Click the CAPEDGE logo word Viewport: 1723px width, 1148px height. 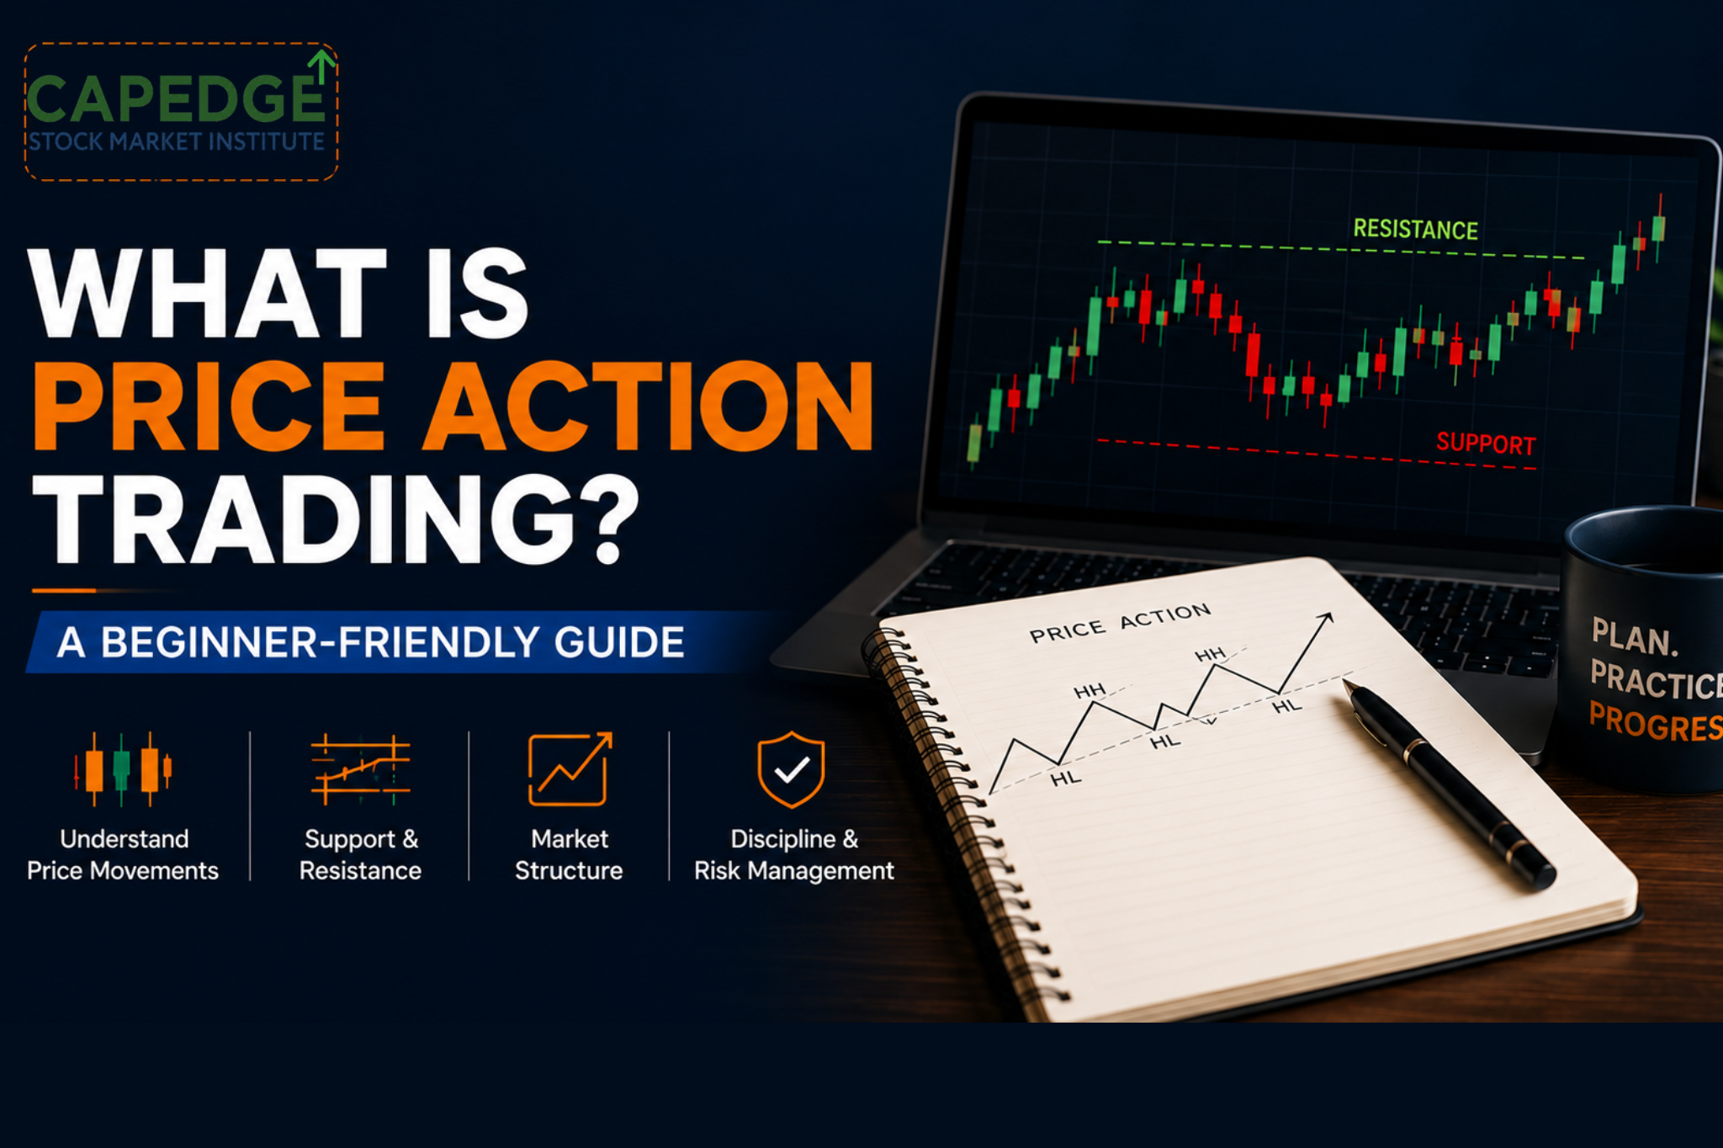pos(175,99)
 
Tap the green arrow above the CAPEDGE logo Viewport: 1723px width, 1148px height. pos(321,66)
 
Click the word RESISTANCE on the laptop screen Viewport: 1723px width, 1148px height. pos(1415,229)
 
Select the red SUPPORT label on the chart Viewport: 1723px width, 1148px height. pos(1486,443)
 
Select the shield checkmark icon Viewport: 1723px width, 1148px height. pos(791,769)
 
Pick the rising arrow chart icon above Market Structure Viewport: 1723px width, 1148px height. pos(570,769)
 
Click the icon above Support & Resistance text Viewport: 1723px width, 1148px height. pos(360,768)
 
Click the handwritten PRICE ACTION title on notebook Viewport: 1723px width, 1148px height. pos(1120,622)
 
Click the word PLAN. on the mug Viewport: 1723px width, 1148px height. pos(1635,637)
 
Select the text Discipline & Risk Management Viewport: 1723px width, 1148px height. pos(793,854)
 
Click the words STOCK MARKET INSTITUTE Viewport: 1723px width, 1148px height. pos(177,141)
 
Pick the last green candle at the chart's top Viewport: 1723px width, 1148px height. pos(1658,227)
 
